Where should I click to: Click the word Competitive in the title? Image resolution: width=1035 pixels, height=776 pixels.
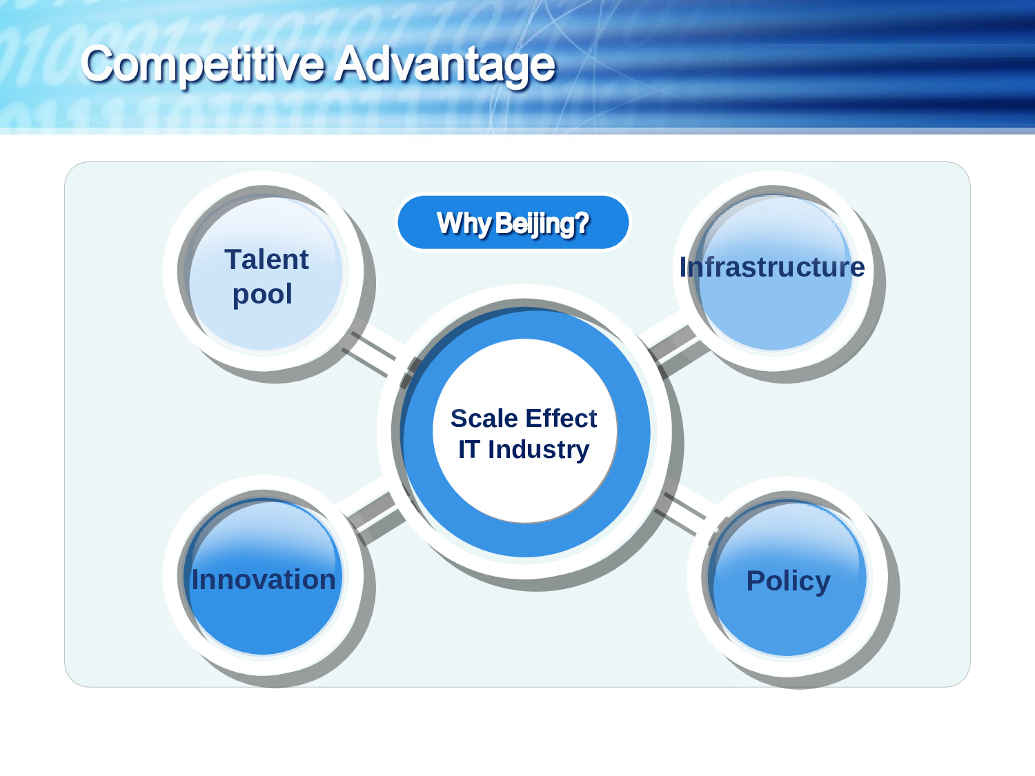tap(203, 65)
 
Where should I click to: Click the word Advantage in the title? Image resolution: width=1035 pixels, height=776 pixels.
tap(444, 65)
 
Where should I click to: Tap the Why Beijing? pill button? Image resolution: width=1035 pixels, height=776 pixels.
tap(513, 222)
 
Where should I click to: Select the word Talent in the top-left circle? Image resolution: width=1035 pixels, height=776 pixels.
tap(266, 259)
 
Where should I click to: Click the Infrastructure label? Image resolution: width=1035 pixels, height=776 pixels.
tap(772, 267)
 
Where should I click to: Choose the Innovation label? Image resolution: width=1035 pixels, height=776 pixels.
tap(263, 579)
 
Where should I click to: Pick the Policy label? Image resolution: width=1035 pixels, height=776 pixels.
tap(789, 581)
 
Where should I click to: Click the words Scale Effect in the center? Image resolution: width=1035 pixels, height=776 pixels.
tap(524, 418)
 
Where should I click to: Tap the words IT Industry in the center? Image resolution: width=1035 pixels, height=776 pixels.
tap(524, 450)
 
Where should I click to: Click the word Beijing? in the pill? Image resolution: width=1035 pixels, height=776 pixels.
tap(543, 223)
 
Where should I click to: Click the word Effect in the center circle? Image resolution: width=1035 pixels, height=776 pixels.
tap(561, 418)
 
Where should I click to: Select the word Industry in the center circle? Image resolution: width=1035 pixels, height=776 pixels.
tap(538, 450)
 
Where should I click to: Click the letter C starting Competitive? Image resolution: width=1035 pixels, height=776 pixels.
tap(98, 64)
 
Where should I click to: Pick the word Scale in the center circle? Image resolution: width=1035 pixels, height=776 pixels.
tap(484, 418)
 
